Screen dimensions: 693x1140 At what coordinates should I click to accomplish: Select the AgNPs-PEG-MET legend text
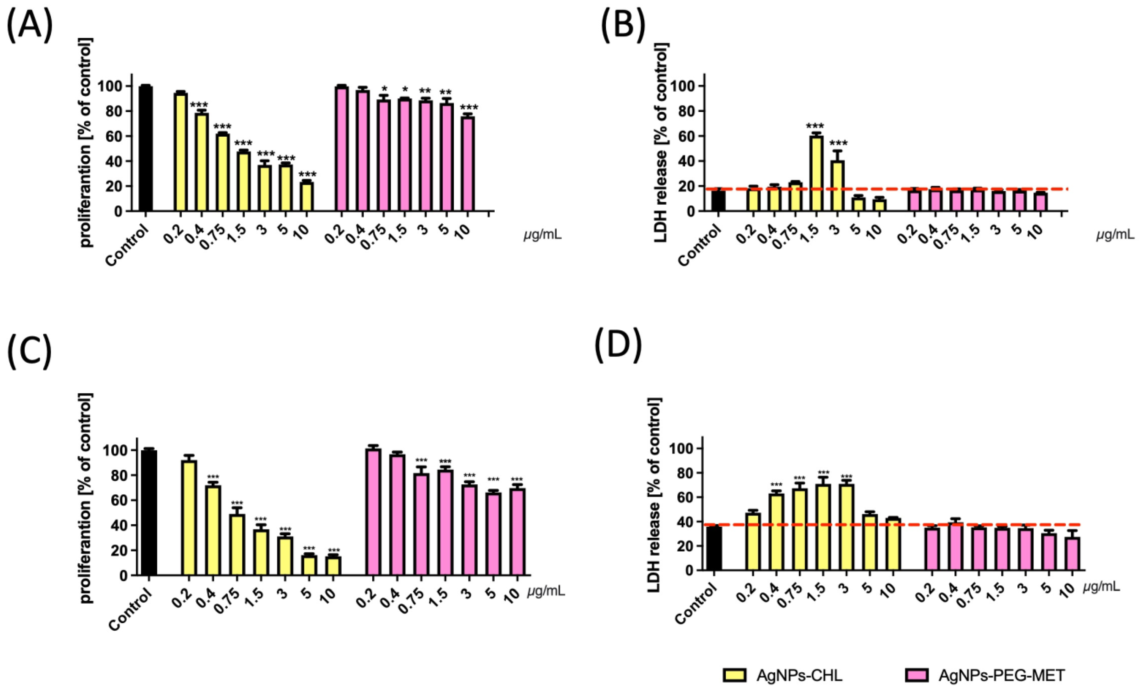point(1002,675)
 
